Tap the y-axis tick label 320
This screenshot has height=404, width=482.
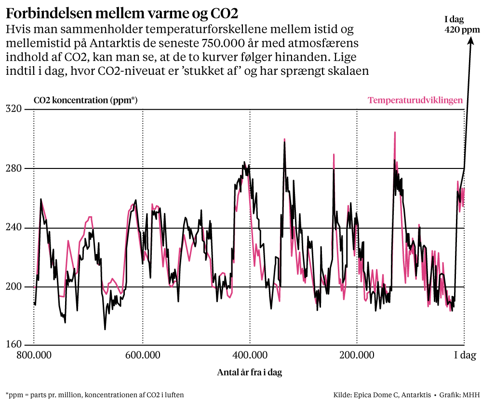coord(14,109)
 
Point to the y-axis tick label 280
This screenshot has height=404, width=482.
coord(14,168)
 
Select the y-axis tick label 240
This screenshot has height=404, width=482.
coord(14,228)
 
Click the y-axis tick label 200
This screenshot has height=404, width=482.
coord(14,287)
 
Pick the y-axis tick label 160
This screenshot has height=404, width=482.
coord(14,345)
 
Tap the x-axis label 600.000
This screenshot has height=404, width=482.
coord(143,357)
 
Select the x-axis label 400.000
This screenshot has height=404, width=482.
coord(250,357)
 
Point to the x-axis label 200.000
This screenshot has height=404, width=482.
coord(357,357)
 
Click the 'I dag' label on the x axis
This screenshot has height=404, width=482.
coord(466,357)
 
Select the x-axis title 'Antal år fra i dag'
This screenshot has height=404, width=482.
coord(249,373)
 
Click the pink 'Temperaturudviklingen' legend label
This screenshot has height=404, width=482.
coord(415,100)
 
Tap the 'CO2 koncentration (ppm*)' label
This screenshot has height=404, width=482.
coord(86,100)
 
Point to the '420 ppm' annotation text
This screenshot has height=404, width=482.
coord(462,30)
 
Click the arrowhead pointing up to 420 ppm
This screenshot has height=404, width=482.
coord(469,41)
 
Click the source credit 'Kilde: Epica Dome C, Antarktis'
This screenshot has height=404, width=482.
coord(382,395)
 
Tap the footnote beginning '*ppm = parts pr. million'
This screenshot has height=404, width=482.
coord(94,395)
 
